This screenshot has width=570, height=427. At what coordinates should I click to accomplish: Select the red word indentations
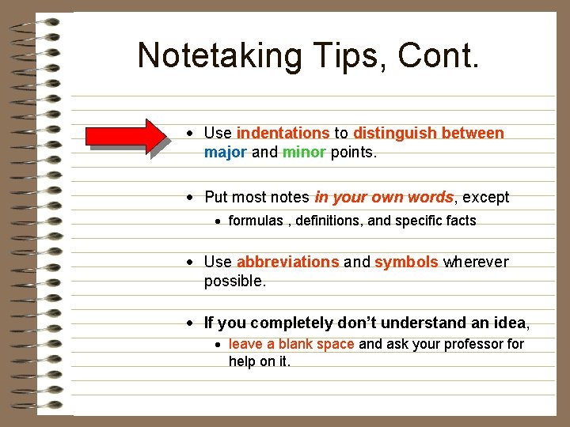[x=283, y=133]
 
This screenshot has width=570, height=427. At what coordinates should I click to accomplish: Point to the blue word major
[x=226, y=152]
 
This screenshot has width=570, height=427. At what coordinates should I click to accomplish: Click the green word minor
[x=304, y=152]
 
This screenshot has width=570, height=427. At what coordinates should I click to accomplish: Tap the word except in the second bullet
[x=485, y=197]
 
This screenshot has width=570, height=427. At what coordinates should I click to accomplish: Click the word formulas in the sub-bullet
[x=256, y=221]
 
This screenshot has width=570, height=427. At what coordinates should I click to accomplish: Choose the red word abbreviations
[x=287, y=262]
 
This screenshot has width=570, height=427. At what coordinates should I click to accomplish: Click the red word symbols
[x=406, y=262]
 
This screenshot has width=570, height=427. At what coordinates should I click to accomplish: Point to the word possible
[x=235, y=281]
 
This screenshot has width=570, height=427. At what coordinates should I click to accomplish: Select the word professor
[x=474, y=344]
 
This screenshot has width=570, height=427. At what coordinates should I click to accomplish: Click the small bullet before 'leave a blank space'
[x=218, y=345]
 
